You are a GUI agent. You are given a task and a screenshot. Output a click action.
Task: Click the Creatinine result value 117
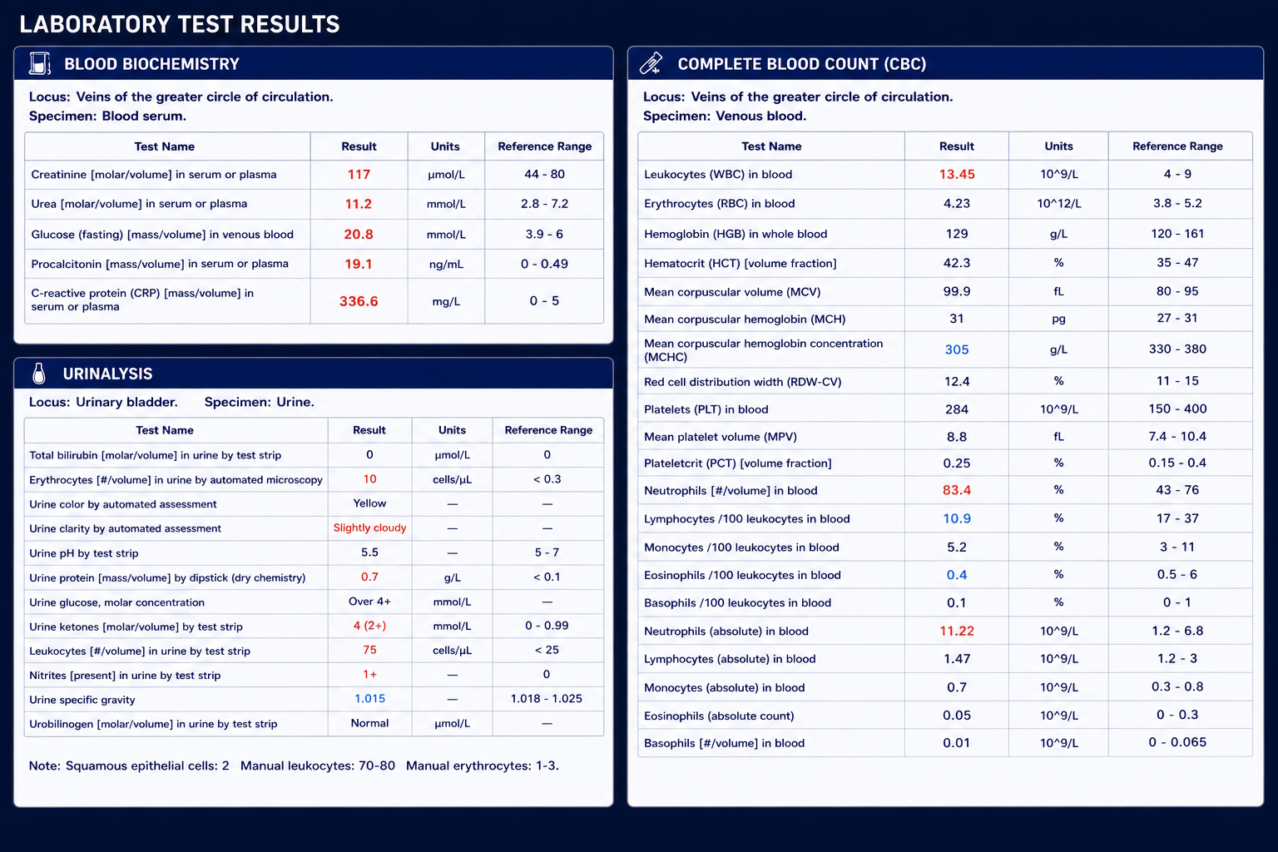pos(359,175)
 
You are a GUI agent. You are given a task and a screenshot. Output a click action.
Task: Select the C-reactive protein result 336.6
pos(359,301)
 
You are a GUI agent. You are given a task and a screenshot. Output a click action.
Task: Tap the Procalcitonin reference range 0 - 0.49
pos(544,264)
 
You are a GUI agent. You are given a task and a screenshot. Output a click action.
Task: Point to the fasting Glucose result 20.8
pos(359,234)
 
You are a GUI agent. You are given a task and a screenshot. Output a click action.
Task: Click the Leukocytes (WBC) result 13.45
pos(957,174)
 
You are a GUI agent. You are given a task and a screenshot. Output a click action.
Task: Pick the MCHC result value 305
pos(957,349)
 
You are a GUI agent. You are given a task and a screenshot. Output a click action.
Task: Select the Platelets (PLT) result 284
pos(957,409)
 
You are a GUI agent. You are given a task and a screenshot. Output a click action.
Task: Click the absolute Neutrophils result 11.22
pos(957,632)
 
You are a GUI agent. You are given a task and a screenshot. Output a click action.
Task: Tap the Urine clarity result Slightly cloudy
pos(369,528)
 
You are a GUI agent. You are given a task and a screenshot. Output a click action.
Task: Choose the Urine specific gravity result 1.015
pos(369,699)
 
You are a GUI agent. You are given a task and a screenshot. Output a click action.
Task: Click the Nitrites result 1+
pos(369,675)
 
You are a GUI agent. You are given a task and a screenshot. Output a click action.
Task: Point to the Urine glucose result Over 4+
pos(369,602)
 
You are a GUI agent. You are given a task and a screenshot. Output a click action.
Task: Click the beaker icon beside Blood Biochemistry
pos(39,63)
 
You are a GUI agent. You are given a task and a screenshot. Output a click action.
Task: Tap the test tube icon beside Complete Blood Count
pos(651,63)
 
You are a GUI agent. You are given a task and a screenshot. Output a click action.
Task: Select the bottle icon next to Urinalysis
pos(39,374)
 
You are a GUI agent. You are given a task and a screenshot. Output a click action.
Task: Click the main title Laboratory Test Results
pos(180,24)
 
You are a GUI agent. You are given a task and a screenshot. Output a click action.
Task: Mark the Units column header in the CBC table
pos(1058,146)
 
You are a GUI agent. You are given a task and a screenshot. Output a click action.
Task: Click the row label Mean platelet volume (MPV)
pos(720,437)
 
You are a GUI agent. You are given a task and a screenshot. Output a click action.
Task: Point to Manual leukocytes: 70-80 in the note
pos(317,765)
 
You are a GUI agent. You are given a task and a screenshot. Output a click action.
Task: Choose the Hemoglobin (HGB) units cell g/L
pos(1058,234)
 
